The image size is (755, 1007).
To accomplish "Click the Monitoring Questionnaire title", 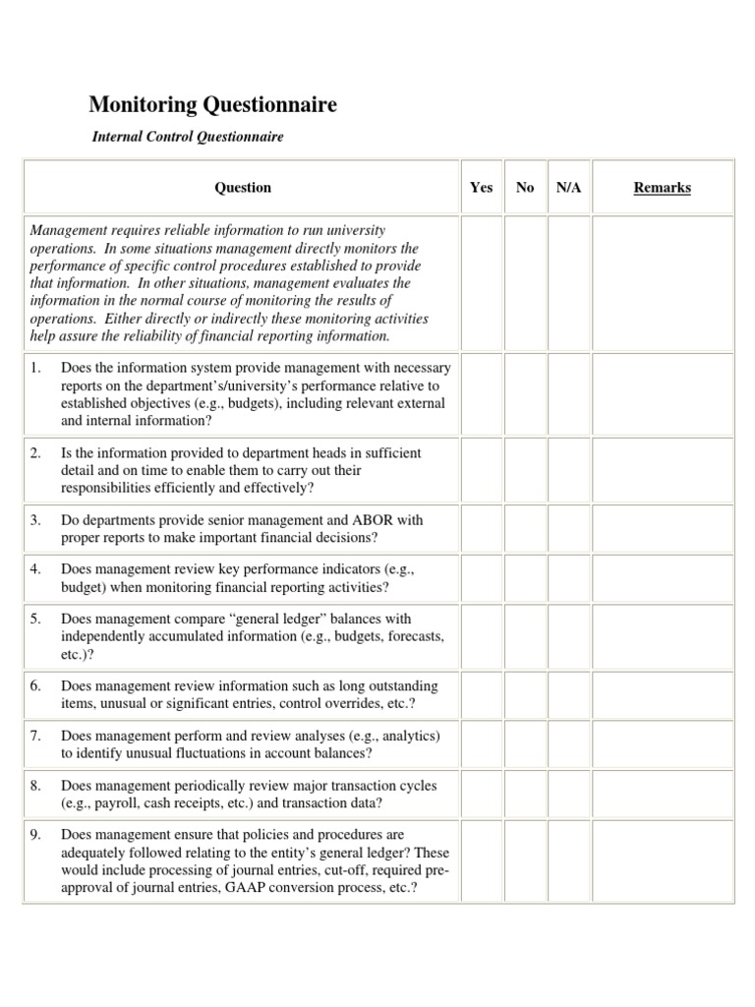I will [x=213, y=104].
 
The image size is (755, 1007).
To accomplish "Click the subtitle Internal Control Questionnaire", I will [x=188, y=137].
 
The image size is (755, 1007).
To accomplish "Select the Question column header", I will [x=243, y=187].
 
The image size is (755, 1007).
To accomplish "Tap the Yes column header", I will [x=482, y=187].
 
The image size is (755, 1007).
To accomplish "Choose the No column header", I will [x=525, y=187].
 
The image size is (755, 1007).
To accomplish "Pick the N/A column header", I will [x=568, y=187].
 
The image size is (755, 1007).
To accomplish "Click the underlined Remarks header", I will [x=662, y=187].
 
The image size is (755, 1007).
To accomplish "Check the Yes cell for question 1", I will [x=482, y=393].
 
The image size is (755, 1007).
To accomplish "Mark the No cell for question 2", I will [x=525, y=469].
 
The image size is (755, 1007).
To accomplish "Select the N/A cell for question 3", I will [x=568, y=528].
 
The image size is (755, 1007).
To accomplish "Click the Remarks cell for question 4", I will [x=662, y=578].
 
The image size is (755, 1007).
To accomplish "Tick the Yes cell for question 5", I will [x=482, y=636].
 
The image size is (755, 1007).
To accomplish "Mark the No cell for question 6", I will [x=525, y=694].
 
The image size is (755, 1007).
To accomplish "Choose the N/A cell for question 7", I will [x=568, y=744].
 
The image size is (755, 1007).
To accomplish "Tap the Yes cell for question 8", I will [x=482, y=795].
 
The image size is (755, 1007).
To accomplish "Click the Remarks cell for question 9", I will [x=662, y=860].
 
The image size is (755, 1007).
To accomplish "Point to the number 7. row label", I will [x=35, y=736].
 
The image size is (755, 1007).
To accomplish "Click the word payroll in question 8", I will [x=113, y=803].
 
